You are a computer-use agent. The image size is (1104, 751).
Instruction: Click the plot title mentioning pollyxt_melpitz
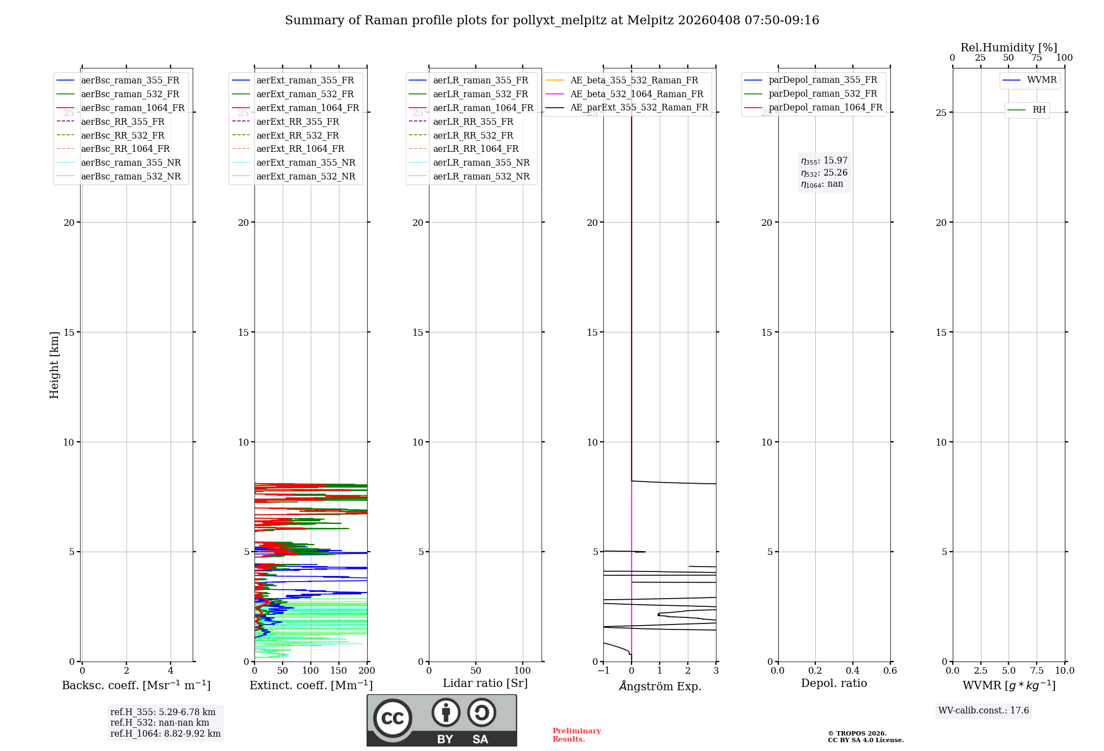[x=552, y=20]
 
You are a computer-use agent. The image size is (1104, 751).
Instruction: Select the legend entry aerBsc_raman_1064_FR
[x=132, y=108]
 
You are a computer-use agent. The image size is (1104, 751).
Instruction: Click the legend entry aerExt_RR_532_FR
[x=298, y=135]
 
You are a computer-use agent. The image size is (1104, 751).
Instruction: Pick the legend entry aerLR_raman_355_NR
[x=481, y=162]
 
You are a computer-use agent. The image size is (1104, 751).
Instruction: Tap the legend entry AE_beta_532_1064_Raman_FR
[x=636, y=94]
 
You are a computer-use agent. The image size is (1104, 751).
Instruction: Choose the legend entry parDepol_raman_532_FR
[x=822, y=94]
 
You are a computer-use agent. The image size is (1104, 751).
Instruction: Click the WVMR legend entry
[x=1042, y=80]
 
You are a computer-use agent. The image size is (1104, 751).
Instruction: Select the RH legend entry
[x=1039, y=110]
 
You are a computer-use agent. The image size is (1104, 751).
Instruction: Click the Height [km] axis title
[x=54, y=365]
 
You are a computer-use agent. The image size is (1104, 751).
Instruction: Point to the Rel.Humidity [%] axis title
[x=1009, y=47]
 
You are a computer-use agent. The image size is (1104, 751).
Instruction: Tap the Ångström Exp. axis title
[x=660, y=686]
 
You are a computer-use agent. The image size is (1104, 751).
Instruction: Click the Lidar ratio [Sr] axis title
[x=485, y=683]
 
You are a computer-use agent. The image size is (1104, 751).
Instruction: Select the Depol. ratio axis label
[x=834, y=683]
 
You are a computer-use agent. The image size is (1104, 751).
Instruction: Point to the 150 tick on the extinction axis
[x=338, y=670]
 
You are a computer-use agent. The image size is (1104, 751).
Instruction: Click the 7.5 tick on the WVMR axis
[x=1037, y=670]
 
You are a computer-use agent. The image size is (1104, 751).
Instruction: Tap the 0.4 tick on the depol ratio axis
[x=852, y=670]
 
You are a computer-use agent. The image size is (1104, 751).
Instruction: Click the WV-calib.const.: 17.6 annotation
[x=984, y=710]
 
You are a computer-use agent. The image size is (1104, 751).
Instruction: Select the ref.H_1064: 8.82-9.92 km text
[x=165, y=733]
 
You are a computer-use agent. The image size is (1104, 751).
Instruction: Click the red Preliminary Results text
[x=576, y=734]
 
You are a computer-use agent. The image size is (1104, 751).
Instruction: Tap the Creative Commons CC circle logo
[x=392, y=718]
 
